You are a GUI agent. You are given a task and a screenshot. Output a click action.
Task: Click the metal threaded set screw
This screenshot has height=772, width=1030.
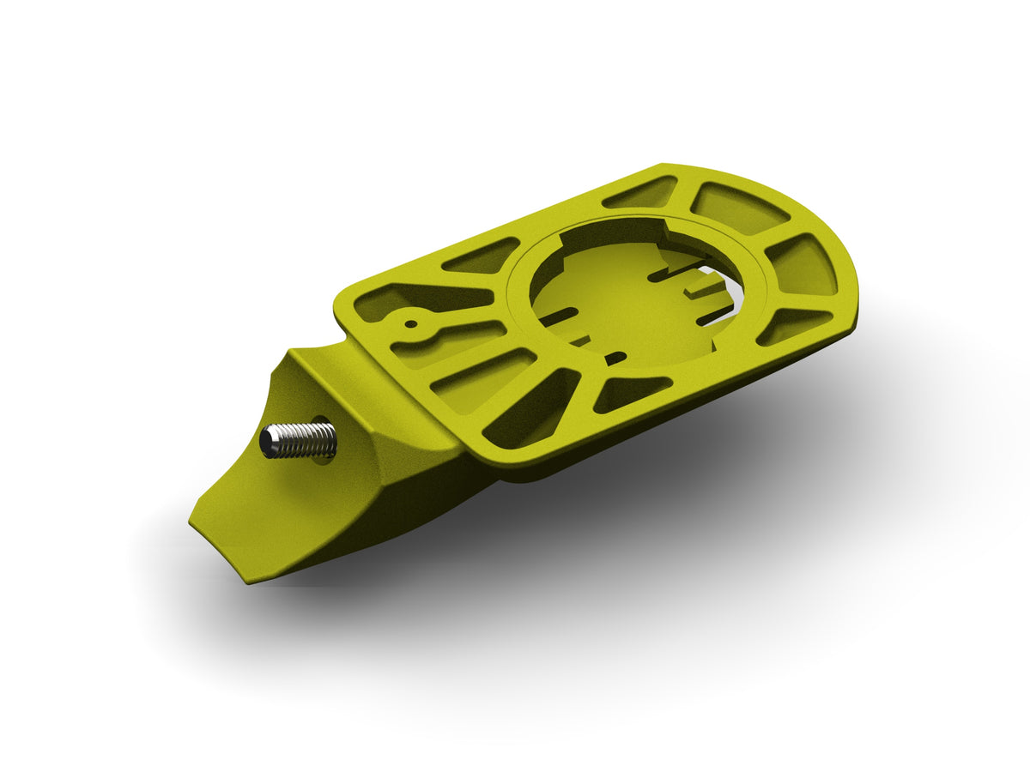pyautogui.click(x=300, y=440)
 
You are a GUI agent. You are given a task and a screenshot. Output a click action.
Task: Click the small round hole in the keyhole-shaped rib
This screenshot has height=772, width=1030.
pyautogui.click(x=411, y=325)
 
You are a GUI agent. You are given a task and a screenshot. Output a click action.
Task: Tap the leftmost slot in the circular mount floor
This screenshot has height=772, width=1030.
pyautogui.click(x=559, y=317)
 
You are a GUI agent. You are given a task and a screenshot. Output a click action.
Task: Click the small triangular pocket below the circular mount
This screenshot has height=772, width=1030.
pyautogui.click(x=631, y=393)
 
